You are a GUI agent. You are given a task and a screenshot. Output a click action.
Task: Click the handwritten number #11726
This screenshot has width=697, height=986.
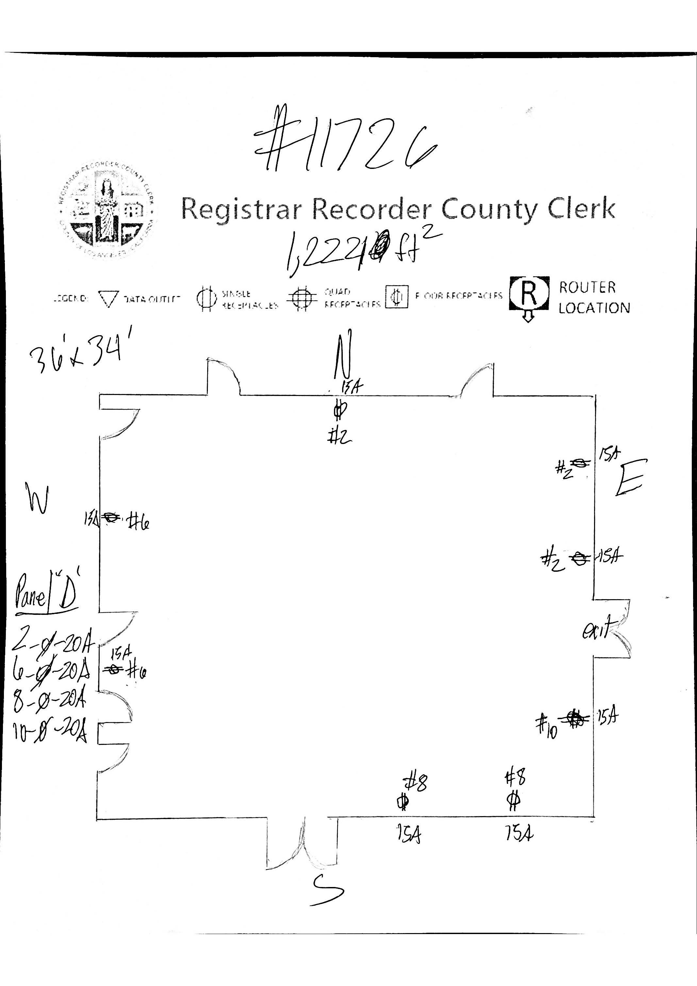click(x=343, y=144)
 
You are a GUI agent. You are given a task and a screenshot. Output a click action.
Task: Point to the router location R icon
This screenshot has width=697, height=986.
click(x=529, y=294)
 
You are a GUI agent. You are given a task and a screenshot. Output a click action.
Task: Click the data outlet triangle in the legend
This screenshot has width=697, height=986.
click(x=108, y=299)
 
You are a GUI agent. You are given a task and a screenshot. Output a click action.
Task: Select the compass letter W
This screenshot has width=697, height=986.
click(x=37, y=498)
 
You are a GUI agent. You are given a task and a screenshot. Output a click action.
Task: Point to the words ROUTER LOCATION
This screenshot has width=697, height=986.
click(x=593, y=297)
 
